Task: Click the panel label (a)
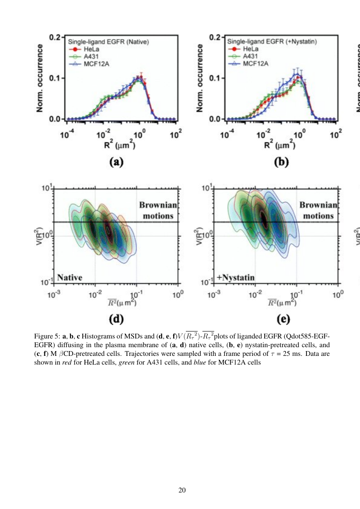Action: [x=116, y=162]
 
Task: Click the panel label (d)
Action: [x=116, y=319]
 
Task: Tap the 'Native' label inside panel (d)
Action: [x=70, y=277]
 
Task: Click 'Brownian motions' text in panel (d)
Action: [x=156, y=210]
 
